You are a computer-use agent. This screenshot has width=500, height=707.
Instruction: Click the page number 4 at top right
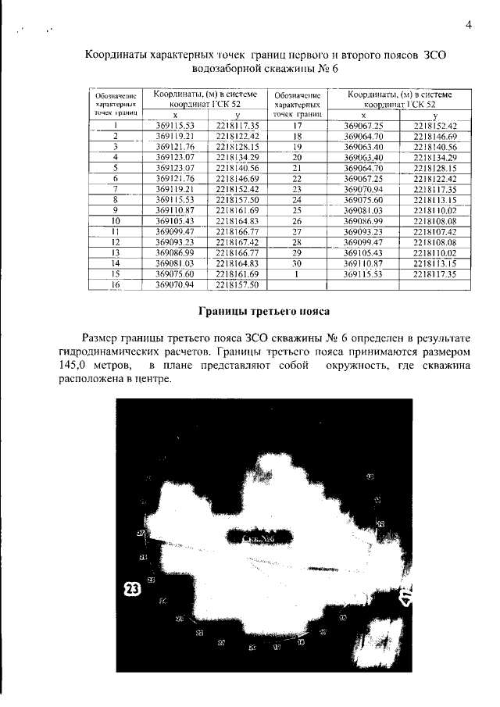pos(469,24)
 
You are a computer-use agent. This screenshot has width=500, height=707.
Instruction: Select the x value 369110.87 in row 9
pos(174,210)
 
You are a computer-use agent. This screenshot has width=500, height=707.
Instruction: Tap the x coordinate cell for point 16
pos(174,285)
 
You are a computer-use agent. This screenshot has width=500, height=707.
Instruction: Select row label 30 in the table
pos(296,264)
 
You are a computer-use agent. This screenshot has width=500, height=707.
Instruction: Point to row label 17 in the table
pos(296,125)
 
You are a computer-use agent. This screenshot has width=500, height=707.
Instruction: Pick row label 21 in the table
pos(296,168)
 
